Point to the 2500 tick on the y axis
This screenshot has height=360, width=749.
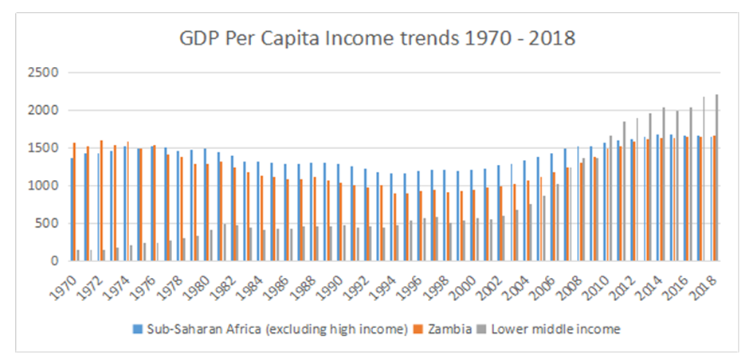click(45, 72)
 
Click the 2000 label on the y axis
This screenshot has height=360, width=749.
click(45, 110)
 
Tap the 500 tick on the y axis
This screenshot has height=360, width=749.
click(48, 223)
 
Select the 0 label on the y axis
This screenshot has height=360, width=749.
click(55, 260)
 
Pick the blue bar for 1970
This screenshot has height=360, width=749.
click(72, 209)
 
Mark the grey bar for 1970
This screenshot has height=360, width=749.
click(78, 255)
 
